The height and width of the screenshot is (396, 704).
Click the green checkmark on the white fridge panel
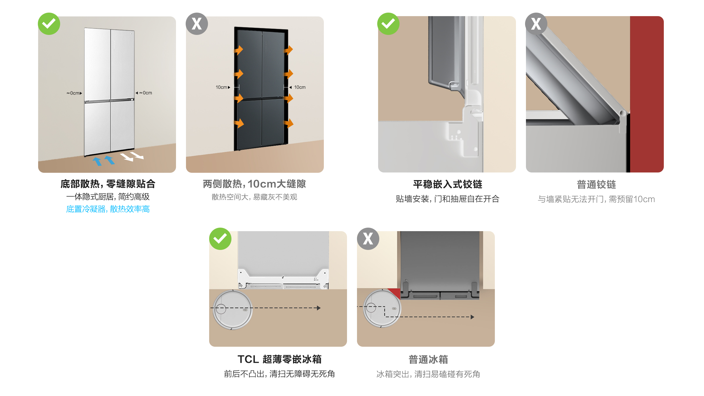pos(49,24)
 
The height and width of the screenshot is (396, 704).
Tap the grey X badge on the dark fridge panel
pos(197,24)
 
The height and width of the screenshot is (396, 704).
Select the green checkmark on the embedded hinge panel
pos(388,24)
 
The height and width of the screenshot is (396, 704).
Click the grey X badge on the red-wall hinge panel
pos(536,24)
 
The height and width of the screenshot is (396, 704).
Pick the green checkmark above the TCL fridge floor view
pos(220,239)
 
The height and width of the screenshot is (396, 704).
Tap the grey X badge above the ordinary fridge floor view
pos(368,239)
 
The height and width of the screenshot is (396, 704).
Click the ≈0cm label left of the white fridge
pos(74,93)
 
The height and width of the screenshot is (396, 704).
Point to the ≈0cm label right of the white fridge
pos(144,93)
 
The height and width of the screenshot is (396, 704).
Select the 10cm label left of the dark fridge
pos(223,87)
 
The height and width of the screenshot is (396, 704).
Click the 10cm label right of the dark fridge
pos(297,87)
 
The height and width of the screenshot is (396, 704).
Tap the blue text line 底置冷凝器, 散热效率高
pos(108,209)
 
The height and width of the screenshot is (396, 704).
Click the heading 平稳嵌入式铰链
pos(448,184)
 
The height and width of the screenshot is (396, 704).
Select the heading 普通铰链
pos(596,185)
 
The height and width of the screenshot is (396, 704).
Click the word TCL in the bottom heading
pos(248,359)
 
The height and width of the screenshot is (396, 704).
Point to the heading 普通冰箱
pos(428,359)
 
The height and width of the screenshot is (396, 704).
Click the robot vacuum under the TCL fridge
pos(233,309)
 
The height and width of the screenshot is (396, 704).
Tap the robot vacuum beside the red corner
pos(382,308)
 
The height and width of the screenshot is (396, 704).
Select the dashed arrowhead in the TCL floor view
pos(319,308)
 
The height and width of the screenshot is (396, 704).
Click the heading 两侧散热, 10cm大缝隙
pos(255,184)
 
